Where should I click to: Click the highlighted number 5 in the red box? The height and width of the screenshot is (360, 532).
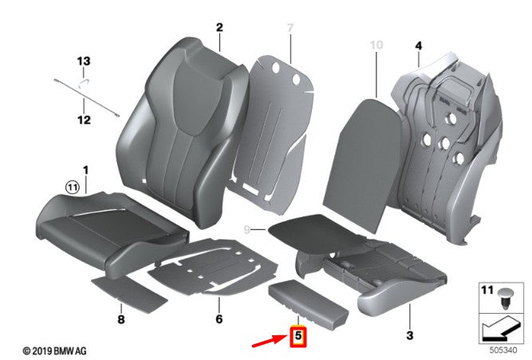click(x=298, y=335)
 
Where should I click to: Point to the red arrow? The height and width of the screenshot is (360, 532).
click(x=270, y=341)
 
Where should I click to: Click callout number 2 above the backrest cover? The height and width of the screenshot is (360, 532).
click(x=219, y=27)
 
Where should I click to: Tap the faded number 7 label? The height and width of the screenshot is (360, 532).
click(x=290, y=27)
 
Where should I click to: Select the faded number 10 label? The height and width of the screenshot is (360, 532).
click(x=376, y=45)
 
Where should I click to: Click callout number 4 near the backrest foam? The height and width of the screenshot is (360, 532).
click(x=419, y=45)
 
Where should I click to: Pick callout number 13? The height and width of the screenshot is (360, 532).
click(x=84, y=61)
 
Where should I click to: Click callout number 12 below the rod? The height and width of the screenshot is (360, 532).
click(x=84, y=120)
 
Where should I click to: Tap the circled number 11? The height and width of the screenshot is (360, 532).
click(x=73, y=187)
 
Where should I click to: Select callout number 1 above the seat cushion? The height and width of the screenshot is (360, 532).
click(x=85, y=170)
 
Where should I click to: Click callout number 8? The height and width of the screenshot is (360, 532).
click(x=121, y=319)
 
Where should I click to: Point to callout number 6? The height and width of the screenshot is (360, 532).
click(x=219, y=319)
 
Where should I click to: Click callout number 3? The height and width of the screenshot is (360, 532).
click(x=410, y=335)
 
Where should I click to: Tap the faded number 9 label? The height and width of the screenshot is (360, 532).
click(x=247, y=230)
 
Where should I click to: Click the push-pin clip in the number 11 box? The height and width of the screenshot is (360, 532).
click(x=506, y=299)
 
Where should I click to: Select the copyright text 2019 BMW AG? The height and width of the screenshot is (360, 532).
click(x=54, y=351)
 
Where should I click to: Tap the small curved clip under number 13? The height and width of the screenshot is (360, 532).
click(x=84, y=82)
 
